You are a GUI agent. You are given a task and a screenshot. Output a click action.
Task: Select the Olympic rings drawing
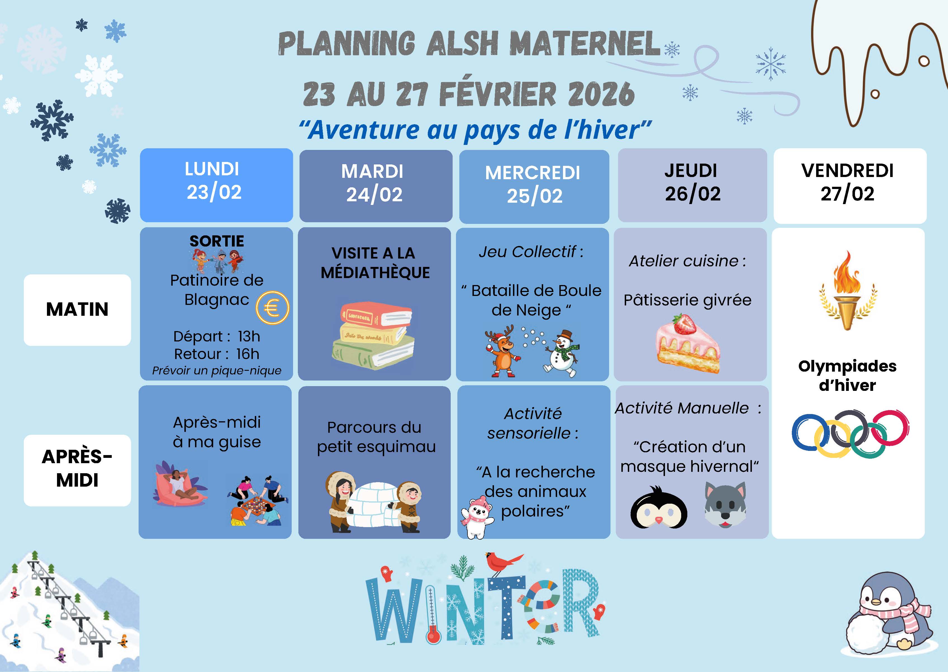850,434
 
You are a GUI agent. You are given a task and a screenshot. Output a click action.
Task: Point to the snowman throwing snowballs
562,353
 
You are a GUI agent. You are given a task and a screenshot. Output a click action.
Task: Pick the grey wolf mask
726,505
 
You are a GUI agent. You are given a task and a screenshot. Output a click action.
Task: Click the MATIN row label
77,310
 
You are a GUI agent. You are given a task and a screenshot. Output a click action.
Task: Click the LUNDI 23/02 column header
216,185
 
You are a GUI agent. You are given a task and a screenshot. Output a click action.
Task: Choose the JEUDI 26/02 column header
692,185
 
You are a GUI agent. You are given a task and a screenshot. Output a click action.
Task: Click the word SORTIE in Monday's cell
217,241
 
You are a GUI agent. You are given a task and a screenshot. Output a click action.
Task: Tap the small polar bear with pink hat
477,518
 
